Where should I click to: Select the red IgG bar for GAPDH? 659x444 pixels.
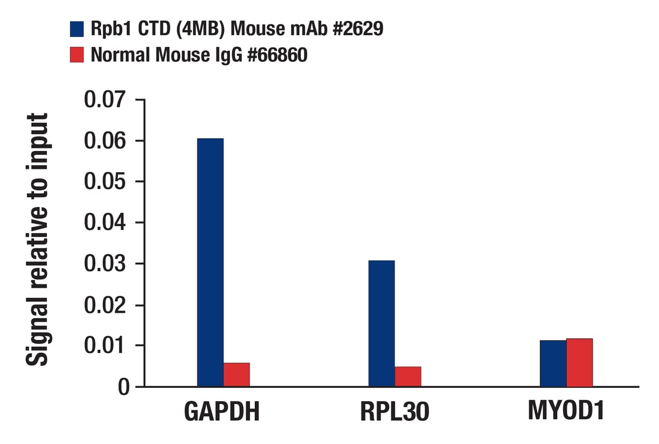(237, 375)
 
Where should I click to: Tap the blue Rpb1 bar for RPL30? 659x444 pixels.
(381, 323)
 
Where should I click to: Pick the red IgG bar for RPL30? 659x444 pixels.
(408, 376)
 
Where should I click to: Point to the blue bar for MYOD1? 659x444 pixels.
(553, 363)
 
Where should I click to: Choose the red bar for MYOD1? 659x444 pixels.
(579, 362)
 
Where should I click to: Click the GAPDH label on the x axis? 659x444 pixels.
(222, 412)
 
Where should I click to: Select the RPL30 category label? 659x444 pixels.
(394, 412)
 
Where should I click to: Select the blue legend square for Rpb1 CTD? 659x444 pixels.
(77, 29)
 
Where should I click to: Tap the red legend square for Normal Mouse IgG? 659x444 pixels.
(77, 55)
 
